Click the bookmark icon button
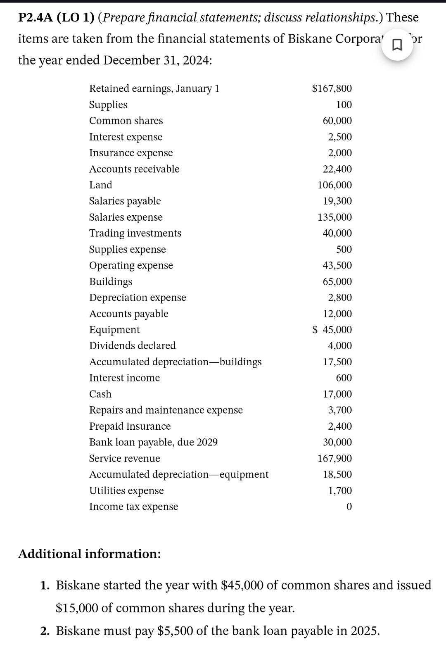[396, 45]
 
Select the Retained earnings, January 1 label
[154, 88]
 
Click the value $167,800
[332, 88]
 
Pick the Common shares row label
[126, 121]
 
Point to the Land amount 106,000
[334, 185]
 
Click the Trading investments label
[135, 233]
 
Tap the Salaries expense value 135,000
[334, 217]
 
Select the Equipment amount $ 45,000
[332, 330]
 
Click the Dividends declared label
[132, 345]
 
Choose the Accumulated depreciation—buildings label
[175, 362]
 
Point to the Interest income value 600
[344, 378]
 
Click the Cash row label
[100, 394]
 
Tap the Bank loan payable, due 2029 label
[153, 442]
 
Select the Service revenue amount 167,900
[334, 458]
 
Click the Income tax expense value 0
[349, 507]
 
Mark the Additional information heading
[89, 554]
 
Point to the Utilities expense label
[126, 490]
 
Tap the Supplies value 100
[344, 105]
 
